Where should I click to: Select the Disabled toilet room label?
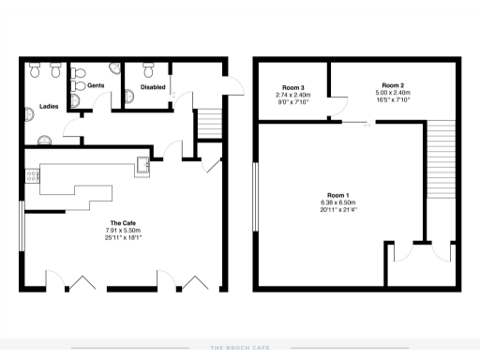[x=154, y=87]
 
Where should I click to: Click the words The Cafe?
[x=112, y=223]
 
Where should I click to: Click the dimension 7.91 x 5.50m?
[x=112, y=231]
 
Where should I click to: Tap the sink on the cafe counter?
[x=142, y=167]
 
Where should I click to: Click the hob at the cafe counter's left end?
[x=32, y=174]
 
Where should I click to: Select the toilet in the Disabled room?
[x=148, y=67]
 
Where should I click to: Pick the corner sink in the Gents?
[x=113, y=68]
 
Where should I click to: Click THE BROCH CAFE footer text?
[x=240, y=348]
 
